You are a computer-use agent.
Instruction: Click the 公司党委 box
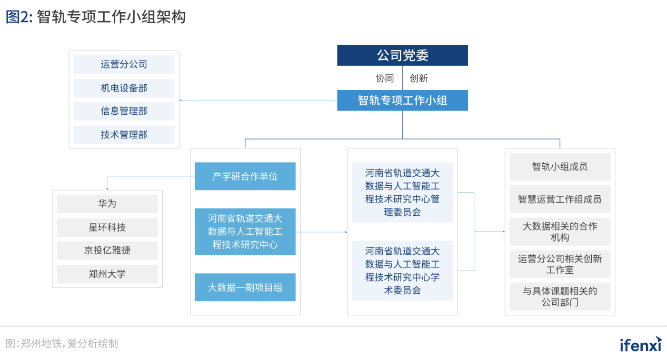pyautogui.click(x=402, y=55)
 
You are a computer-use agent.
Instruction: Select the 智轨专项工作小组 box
pyautogui.click(x=402, y=100)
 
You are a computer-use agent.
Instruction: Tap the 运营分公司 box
pyautogui.click(x=124, y=65)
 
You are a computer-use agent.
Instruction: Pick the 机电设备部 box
pyautogui.click(x=124, y=88)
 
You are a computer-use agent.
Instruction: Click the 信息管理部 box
pyautogui.click(x=124, y=111)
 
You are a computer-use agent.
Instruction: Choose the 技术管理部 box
pyautogui.click(x=124, y=135)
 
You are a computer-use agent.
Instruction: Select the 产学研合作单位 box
pyautogui.click(x=245, y=176)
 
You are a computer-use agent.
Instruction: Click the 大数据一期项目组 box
pyautogui.click(x=245, y=287)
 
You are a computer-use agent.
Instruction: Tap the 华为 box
pyautogui.click(x=107, y=204)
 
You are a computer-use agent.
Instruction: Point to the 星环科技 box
pyautogui.click(x=107, y=227)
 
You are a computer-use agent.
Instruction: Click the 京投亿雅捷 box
pyautogui.click(x=107, y=251)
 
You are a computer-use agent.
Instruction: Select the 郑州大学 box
pyautogui.click(x=107, y=274)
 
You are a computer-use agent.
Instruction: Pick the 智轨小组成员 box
pyautogui.click(x=560, y=167)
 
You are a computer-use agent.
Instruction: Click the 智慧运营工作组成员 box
pyautogui.click(x=560, y=199)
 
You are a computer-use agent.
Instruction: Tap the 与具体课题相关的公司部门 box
pyautogui.click(x=560, y=297)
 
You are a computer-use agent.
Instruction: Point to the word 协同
pyautogui.click(x=385, y=78)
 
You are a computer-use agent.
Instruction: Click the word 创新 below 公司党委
pyautogui.click(x=419, y=78)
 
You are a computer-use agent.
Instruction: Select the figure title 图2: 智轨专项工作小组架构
pyautogui.click(x=96, y=17)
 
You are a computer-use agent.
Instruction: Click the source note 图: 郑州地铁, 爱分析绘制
pyautogui.click(x=62, y=344)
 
